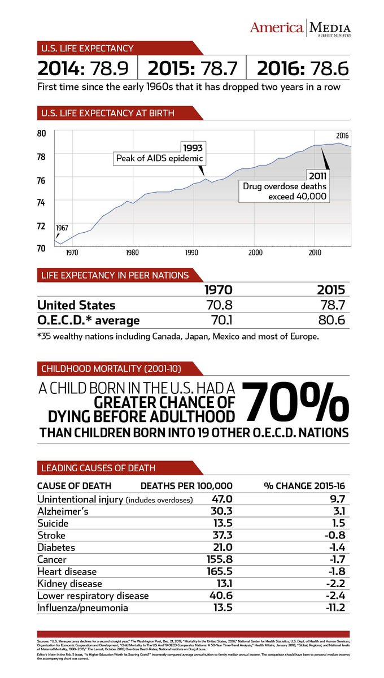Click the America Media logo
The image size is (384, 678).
point(300,28)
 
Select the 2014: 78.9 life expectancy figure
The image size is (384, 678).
point(83,69)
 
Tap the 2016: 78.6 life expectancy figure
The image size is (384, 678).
point(303,69)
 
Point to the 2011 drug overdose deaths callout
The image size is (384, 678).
point(285,186)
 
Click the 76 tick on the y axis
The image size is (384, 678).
point(41,179)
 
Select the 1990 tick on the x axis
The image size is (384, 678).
point(193,253)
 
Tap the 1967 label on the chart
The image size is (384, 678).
point(62,227)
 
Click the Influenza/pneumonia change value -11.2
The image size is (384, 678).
point(333,608)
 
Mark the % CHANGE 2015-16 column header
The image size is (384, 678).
point(306,485)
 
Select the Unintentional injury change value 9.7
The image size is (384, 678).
point(337,499)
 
